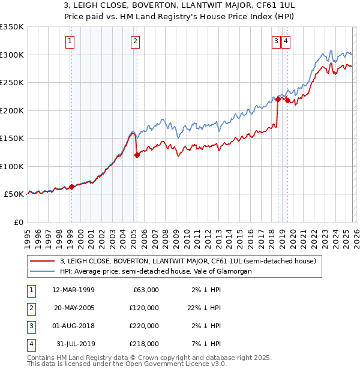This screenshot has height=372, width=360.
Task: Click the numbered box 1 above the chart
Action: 70,41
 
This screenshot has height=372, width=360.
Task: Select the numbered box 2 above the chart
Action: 136,41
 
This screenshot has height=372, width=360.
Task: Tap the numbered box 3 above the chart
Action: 275,41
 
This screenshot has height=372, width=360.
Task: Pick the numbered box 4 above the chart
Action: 286,41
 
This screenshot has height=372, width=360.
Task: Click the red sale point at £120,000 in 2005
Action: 137,155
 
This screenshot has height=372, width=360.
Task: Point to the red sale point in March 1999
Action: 71,187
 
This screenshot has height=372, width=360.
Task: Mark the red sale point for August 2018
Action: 278,99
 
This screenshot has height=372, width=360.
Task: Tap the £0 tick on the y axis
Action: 18,222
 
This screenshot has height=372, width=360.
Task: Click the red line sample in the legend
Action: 43,261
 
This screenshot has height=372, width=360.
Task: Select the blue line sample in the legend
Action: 43,271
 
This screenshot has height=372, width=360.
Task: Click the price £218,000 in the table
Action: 145,344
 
